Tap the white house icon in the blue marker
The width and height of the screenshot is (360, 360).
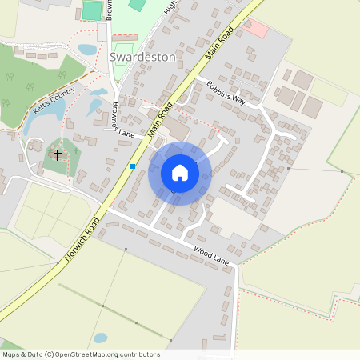[x=180, y=173]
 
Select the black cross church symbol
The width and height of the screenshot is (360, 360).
[x=58, y=153]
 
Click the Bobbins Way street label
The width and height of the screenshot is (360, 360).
[x=226, y=94]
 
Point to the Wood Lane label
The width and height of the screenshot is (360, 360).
[x=211, y=255]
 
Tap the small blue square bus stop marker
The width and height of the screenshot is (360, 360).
[x=133, y=166]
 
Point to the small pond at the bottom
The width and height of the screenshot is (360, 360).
[x=100, y=338]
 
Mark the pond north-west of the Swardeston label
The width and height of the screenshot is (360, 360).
[x=87, y=50]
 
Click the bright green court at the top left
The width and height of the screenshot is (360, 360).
[x=93, y=10]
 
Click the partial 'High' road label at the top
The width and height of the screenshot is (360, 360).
[x=169, y=6]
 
